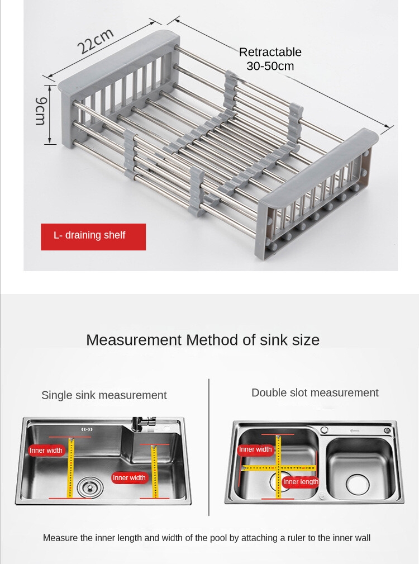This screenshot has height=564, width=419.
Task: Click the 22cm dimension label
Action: pos(96,41)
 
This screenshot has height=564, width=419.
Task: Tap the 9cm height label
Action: pos(40,111)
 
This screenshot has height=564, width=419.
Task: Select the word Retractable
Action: pos(270,52)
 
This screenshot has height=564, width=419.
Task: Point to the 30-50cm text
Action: pos(270,66)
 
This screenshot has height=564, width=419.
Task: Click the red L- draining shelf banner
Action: pos(93,236)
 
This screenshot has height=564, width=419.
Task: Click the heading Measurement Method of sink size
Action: pos(203,340)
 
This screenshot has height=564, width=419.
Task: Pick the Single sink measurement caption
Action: pos(104,395)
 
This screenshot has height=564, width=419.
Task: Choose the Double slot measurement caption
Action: pos(315,392)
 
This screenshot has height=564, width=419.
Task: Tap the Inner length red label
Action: pos(301,482)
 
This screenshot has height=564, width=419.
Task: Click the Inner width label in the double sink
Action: pos(255,449)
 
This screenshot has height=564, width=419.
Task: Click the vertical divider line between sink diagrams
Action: pos(209,447)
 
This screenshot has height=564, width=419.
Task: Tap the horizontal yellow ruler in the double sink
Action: pos(279,468)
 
